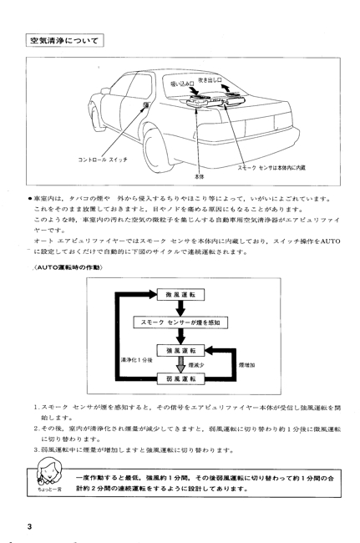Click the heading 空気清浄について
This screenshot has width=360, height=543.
click(x=64, y=41)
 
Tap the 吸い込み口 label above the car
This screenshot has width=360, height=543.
click(x=182, y=84)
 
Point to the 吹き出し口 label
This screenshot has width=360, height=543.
click(x=210, y=80)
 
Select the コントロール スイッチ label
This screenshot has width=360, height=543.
click(x=103, y=160)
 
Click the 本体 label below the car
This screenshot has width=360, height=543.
click(x=199, y=176)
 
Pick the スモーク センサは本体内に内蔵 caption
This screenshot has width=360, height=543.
click(x=271, y=168)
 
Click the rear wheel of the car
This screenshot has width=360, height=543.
click(x=158, y=152)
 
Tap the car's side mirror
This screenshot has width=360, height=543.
click(x=105, y=91)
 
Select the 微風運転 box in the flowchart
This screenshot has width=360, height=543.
click(x=180, y=295)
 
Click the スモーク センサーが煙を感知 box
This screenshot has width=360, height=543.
click(x=181, y=322)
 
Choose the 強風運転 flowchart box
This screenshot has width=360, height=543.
click(x=180, y=351)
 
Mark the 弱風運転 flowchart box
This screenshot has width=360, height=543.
click(x=180, y=378)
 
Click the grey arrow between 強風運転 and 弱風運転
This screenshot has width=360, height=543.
click(x=180, y=365)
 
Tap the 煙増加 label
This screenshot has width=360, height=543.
click(x=246, y=365)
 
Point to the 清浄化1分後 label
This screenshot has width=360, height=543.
click(x=137, y=360)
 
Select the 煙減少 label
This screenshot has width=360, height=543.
click(x=196, y=365)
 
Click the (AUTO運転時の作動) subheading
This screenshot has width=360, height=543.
click(x=68, y=267)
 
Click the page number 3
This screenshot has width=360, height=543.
click(x=29, y=527)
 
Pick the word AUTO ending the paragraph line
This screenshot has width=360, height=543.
click(x=330, y=241)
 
